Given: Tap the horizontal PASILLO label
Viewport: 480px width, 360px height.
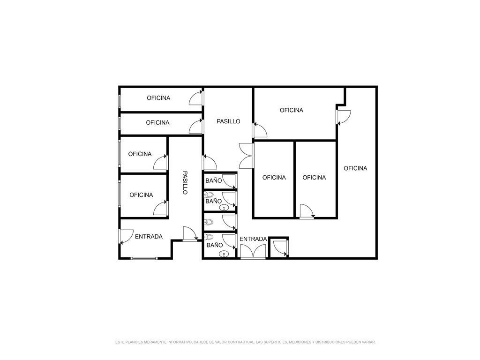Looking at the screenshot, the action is pyautogui.click(x=228, y=121).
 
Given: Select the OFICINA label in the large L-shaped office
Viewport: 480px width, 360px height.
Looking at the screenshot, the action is pyautogui.click(x=355, y=168).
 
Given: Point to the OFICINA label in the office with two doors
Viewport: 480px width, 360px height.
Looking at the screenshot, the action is pyautogui.click(x=292, y=110).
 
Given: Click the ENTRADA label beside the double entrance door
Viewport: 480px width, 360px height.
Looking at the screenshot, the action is pyautogui.click(x=253, y=239).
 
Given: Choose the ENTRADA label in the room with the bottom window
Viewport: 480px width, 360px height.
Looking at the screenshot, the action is pyautogui.click(x=149, y=237).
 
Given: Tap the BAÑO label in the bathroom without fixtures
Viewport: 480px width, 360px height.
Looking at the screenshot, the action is pyautogui.click(x=214, y=181).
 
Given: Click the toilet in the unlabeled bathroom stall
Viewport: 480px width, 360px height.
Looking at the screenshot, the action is pyautogui.click(x=209, y=222).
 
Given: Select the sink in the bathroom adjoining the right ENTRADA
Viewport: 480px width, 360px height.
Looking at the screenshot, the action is pyautogui.click(x=225, y=254).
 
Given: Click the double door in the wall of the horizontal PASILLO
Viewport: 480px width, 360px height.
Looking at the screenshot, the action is pyautogui.click(x=247, y=156).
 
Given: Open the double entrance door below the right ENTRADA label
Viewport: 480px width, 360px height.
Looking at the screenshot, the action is pyautogui.click(x=253, y=252).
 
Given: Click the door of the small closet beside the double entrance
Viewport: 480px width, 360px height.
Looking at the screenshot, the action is pyautogui.click(x=280, y=248).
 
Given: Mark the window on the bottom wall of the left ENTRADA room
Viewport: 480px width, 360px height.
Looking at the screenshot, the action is pyautogui.click(x=144, y=258).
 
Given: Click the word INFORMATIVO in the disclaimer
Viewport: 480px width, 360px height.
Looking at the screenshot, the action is pyautogui.click(x=179, y=342).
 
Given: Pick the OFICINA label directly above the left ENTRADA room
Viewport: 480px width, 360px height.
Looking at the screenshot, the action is pyautogui.click(x=141, y=195).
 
